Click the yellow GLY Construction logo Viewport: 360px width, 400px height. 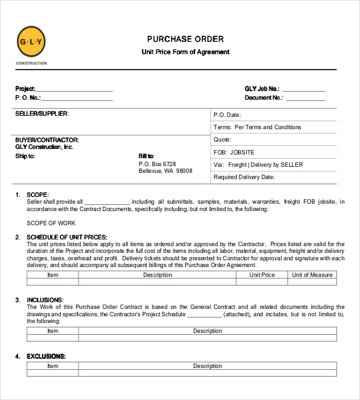pyautogui.click(x=31, y=42)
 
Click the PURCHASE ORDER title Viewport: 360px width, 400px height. pyautogui.click(x=185, y=39)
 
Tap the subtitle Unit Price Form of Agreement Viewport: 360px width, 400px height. pyautogui.click(x=185, y=52)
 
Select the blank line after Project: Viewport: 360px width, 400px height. pyautogui.click(x=74, y=90)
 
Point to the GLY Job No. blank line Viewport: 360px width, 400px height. pyautogui.click(x=303, y=90)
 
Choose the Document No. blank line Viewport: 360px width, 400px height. pyautogui.click(x=306, y=99)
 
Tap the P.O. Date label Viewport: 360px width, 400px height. pyautogui.click(x=227, y=115)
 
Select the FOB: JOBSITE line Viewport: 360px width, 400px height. pyautogui.click(x=234, y=152)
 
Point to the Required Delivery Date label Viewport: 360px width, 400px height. pyautogui.click(x=244, y=177)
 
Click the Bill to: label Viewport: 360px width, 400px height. pyautogui.click(x=146, y=156)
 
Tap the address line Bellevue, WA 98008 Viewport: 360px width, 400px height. pyautogui.click(x=166, y=171)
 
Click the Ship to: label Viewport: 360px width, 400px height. pyautogui.click(x=25, y=156)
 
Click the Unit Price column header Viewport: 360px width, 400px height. pyautogui.click(x=262, y=275)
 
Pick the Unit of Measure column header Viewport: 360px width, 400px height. pyautogui.click(x=312, y=275)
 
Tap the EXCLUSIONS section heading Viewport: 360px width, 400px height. pyautogui.click(x=46, y=356)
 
